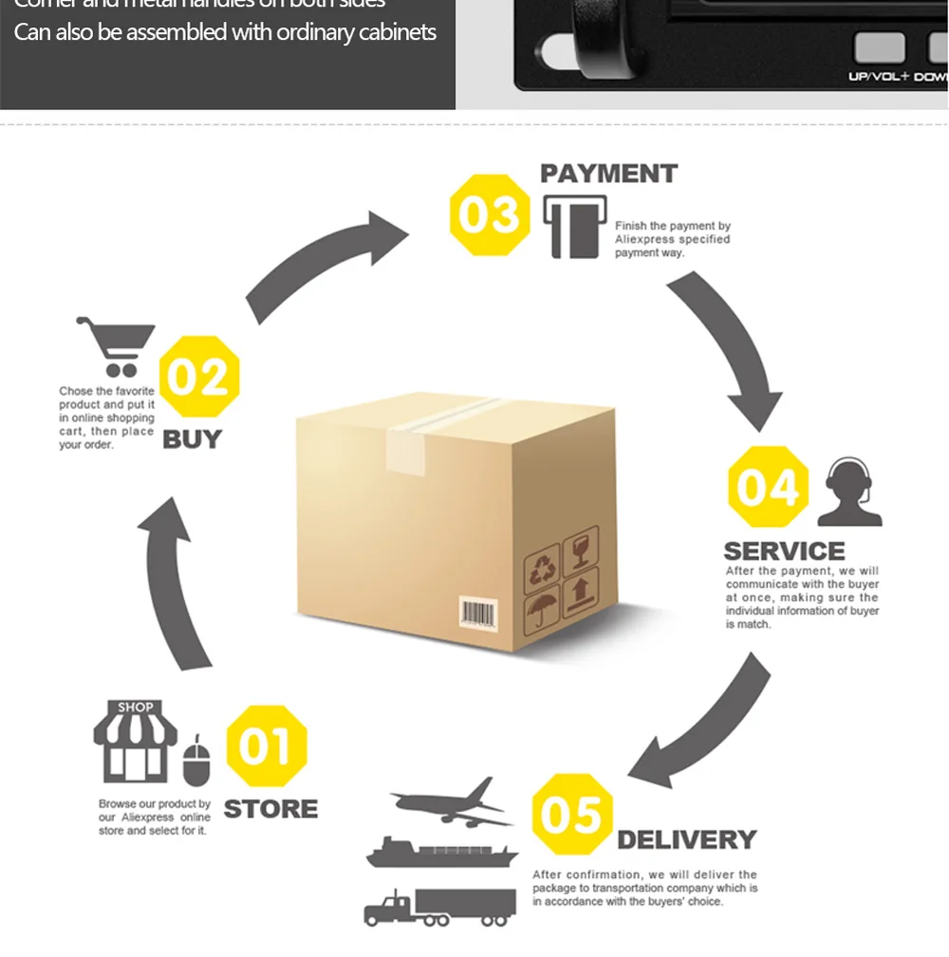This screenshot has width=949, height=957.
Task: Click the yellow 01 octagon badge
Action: click(267, 746)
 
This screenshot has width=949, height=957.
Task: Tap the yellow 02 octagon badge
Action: click(198, 377)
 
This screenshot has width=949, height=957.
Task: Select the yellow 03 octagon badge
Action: click(490, 215)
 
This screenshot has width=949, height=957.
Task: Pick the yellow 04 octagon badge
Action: click(768, 488)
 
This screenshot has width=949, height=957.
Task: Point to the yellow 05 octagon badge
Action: click(571, 815)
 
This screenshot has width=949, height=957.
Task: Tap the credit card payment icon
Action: click(573, 227)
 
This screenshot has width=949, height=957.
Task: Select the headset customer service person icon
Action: click(848, 492)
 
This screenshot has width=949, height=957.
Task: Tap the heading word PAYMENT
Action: click(608, 174)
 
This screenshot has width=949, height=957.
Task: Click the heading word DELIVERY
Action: click(686, 839)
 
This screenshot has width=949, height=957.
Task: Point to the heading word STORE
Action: click(270, 809)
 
